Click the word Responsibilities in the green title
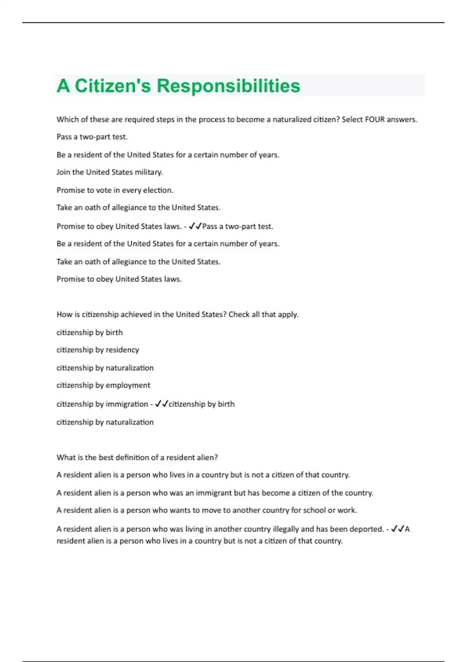pyautogui.click(x=228, y=86)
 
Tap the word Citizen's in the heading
pyautogui.click(x=112, y=86)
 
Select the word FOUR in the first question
pyautogui.click(x=374, y=120)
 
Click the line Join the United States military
pyautogui.click(x=110, y=172)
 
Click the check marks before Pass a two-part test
pyautogui.click(x=195, y=226)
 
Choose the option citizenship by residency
pyautogui.click(x=98, y=350)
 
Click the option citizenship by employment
pyautogui.click(x=103, y=385)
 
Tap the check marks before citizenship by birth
pyautogui.click(x=161, y=404)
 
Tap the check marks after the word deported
pyautogui.click(x=398, y=529)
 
